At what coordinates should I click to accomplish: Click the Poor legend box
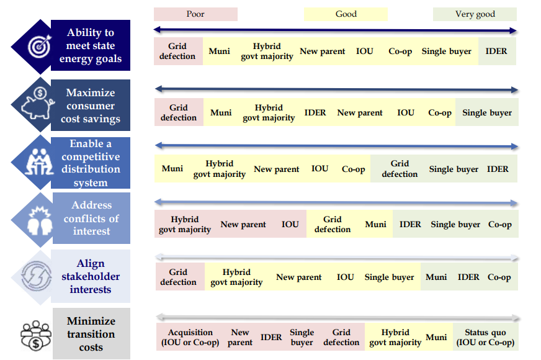click(x=195, y=14)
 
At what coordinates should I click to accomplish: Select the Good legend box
click(x=346, y=14)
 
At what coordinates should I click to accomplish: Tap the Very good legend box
click(x=475, y=14)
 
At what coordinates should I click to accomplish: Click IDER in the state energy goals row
click(x=496, y=52)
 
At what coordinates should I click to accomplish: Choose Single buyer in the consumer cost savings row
click(x=487, y=113)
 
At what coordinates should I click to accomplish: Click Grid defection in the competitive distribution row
click(x=400, y=169)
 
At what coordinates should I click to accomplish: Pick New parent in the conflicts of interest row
click(x=243, y=225)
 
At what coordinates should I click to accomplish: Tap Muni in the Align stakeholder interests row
click(x=436, y=277)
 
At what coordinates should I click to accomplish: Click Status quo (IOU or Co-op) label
click(x=485, y=338)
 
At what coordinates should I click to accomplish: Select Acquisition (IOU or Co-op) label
click(x=190, y=338)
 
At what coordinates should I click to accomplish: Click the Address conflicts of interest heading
click(x=91, y=218)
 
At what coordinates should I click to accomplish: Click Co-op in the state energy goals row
click(x=400, y=52)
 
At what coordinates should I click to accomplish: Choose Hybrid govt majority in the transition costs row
click(x=395, y=338)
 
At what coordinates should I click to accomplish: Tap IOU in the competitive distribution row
click(x=320, y=169)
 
